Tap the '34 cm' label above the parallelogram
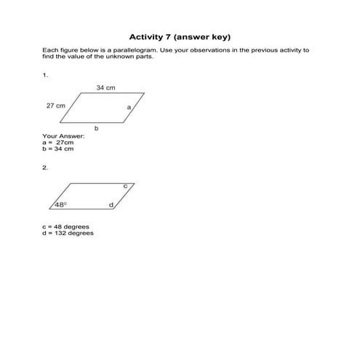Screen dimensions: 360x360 [x=105, y=87]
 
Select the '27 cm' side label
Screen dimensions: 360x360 [x=55, y=105]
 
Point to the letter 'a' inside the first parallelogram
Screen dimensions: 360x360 [x=128, y=107]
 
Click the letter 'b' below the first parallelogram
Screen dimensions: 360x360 [x=96, y=127]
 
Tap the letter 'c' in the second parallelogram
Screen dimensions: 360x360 [x=124, y=186]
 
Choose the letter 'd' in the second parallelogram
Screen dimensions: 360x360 [x=111, y=205]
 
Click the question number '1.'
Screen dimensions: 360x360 [x=45, y=74]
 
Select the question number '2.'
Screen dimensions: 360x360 [x=45, y=167]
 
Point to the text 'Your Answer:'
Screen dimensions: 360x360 [x=63, y=136]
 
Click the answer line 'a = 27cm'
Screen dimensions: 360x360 [x=59, y=143]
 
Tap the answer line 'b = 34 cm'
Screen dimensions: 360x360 [x=58, y=149]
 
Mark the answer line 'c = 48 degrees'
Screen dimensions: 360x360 [x=66, y=226]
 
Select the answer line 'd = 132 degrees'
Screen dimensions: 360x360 [x=68, y=233]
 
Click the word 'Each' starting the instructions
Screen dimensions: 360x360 [x=49, y=51]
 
